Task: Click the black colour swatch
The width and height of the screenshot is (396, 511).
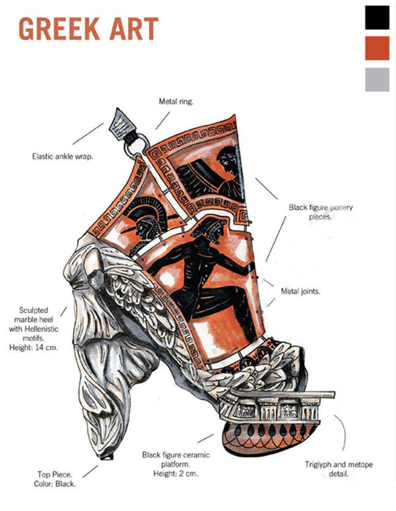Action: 377,18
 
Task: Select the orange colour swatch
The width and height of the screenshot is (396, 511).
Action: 377,48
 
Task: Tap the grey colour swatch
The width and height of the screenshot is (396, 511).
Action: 377,80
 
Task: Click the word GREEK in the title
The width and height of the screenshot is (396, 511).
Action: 59,29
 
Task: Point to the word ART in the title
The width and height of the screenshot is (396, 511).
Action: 134,29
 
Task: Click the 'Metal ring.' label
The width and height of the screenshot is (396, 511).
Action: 176,101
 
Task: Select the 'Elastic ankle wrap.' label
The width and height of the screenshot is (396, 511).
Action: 62,156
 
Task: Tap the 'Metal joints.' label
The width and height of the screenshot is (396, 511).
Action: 300,291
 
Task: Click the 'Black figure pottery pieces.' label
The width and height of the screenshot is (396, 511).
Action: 320,212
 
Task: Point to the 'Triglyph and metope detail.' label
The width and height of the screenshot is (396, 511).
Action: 338,469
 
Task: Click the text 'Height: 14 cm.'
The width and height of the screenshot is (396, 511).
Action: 34,347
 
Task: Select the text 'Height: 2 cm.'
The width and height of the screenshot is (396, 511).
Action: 175,473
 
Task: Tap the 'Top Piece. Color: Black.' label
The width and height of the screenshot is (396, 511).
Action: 55,479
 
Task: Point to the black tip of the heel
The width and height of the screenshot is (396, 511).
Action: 107,457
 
